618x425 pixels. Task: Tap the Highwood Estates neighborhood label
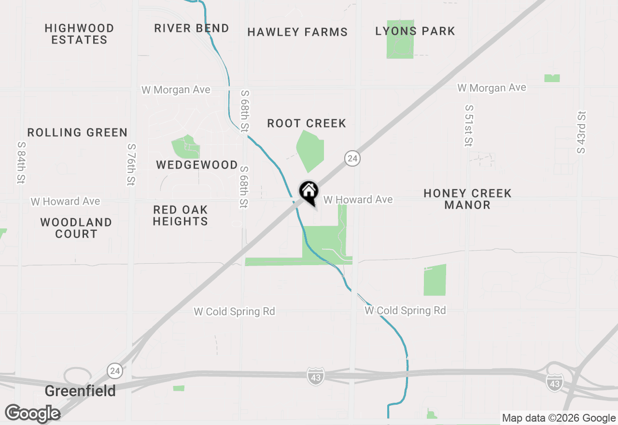pyautogui.click(x=79, y=34)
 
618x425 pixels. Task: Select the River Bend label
pyautogui.click(x=192, y=28)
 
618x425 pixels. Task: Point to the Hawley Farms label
pyautogui.click(x=297, y=32)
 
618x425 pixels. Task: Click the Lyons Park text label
pyautogui.click(x=415, y=31)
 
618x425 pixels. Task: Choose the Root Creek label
pyautogui.click(x=307, y=123)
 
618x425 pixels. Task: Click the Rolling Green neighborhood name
pyautogui.click(x=77, y=132)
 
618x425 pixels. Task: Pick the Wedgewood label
pyautogui.click(x=197, y=165)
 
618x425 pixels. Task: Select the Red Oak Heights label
pyautogui.click(x=181, y=215)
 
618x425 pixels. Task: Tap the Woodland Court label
pyautogui.click(x=76, y=228)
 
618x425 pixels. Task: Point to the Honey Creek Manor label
pyautogui.click(x=467, y=199)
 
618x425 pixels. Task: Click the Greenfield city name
pyautogui.click(x=80, y=391)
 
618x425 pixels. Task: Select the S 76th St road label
pyautogui.click(x=131, y=164)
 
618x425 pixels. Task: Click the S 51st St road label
pyautogui.click(x=468, y=125)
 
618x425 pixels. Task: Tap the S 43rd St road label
pyautogui.click(x=581, y=132)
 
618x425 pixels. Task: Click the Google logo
pyautogui.click(x=32, y=413)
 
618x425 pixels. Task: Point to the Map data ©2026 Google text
pyautogui.click(x=559, y=418)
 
